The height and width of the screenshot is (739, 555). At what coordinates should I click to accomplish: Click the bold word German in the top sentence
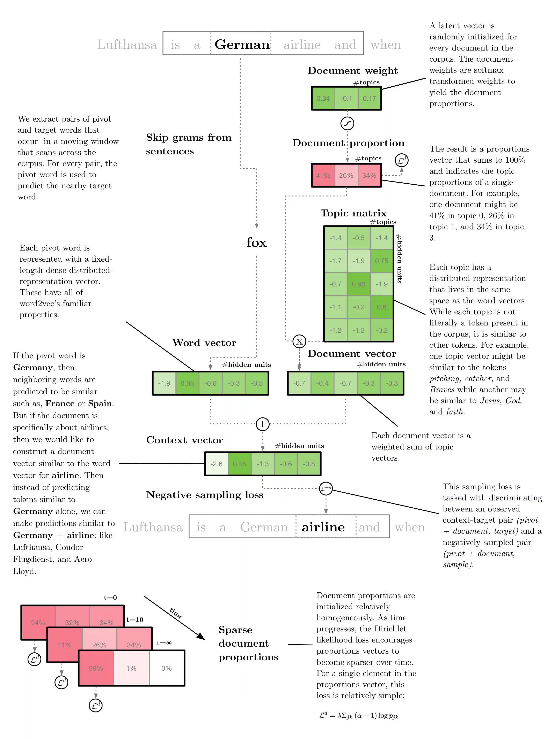pyautogui.click(x=242, y=44)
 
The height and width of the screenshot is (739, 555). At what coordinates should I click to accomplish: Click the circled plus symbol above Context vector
pyautogui.click(x=263, y=424)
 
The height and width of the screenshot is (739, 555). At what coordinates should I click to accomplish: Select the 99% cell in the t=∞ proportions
pyautogui.click(x=96, y=668)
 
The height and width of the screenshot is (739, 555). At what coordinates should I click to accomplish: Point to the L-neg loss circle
pyautogui.click(x=326, y=488)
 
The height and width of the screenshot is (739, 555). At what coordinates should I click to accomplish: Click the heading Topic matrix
pyautogui.click(x=353, y=213)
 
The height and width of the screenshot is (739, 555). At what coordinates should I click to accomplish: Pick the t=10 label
pyautogui.click(x=135, y=620)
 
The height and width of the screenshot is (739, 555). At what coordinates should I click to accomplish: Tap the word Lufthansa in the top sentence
pyautogui.click(x=127, y=44)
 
